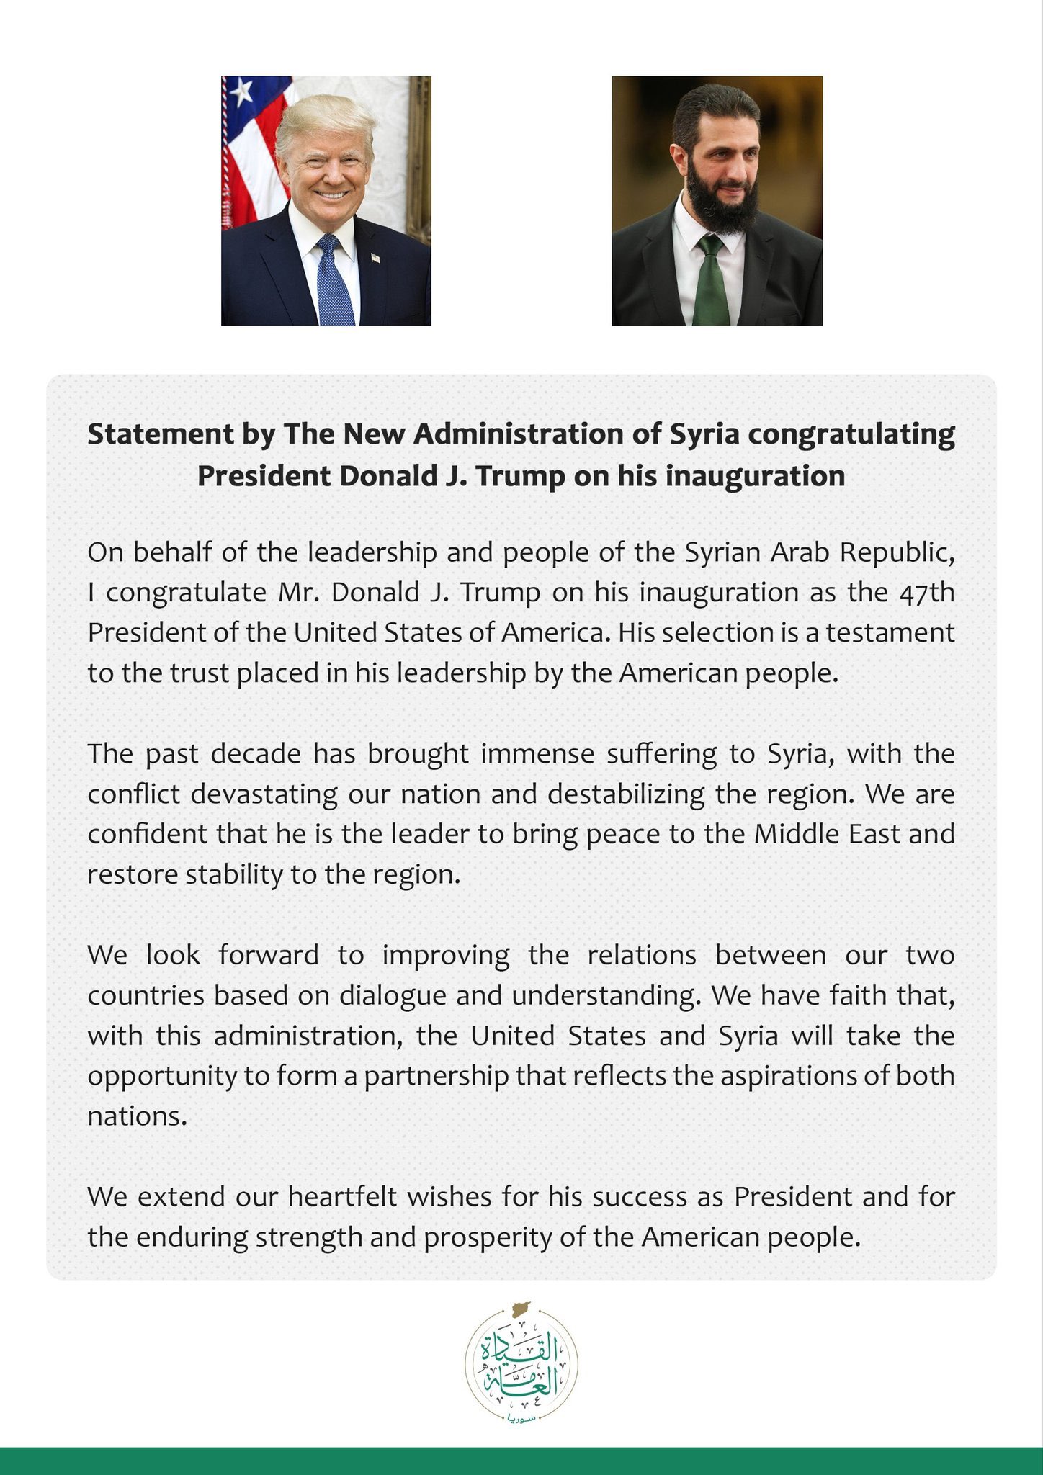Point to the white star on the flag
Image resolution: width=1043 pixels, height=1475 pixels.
(241, 90)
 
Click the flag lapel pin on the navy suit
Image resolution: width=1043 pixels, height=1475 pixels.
(375, 257)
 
